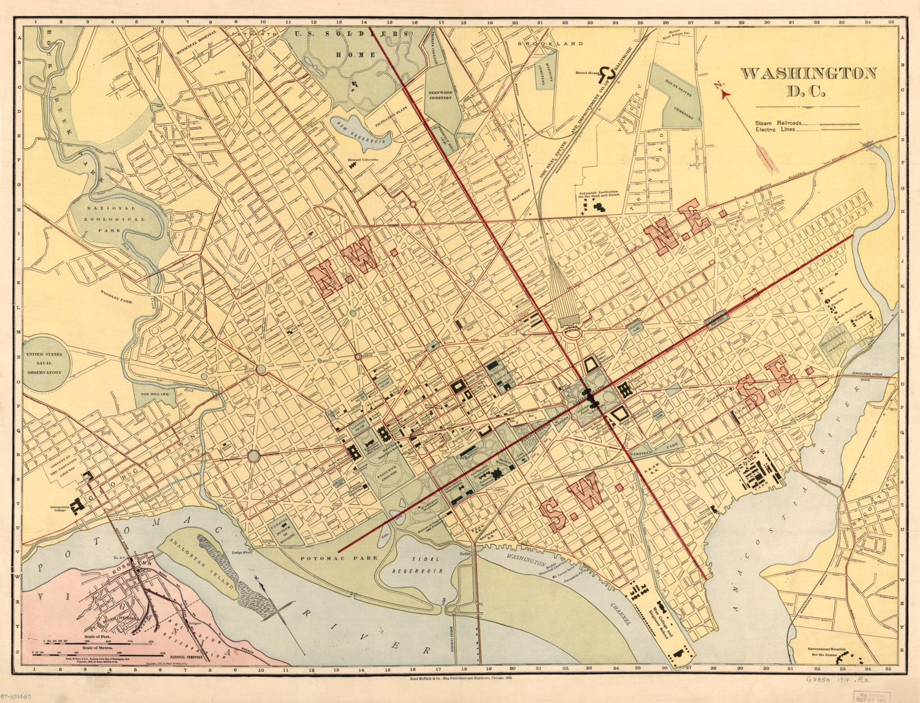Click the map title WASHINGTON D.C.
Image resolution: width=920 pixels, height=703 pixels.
[808, 82]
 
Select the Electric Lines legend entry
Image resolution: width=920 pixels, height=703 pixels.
[775, 130]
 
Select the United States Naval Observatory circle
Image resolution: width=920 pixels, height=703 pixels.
[45, 363]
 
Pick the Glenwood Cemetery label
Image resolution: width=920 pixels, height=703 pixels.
[440, 94]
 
